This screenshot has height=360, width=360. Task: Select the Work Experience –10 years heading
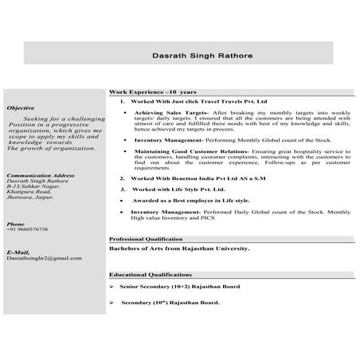153,92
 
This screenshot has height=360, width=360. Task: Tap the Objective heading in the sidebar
20,107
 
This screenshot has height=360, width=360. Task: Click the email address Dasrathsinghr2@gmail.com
44,258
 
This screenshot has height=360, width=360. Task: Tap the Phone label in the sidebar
15,223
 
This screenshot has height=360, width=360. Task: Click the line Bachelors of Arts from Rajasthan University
179,248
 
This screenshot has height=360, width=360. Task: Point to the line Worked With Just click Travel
199,103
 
